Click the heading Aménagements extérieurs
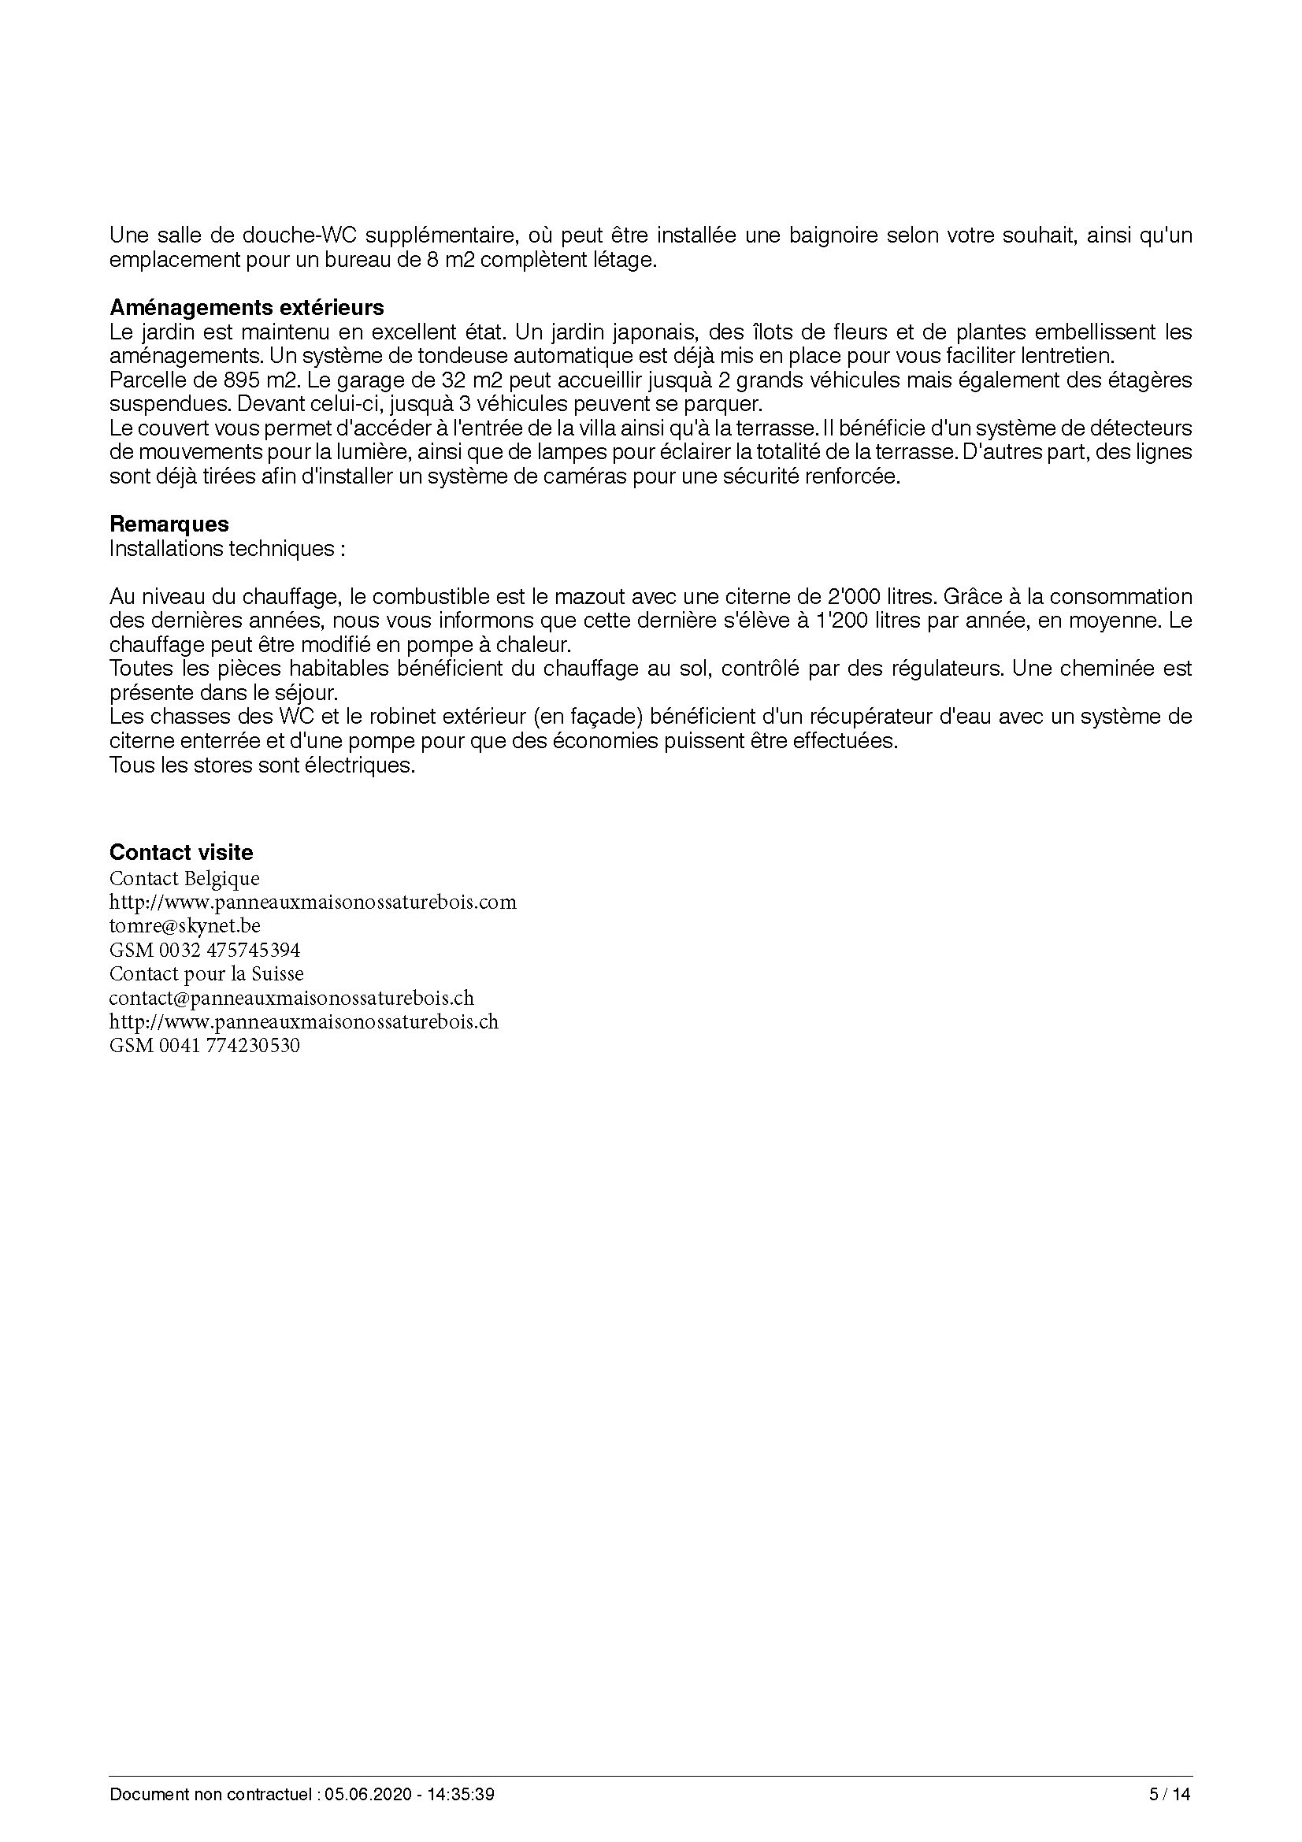(247, 308)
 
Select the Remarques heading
(169, 524)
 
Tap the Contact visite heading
(180, 853)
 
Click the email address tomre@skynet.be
(184, 926)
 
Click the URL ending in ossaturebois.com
(313, 902)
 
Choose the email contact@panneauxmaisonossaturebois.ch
(291, 999)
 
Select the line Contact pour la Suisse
(206, 975)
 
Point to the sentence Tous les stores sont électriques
(262, 765)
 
